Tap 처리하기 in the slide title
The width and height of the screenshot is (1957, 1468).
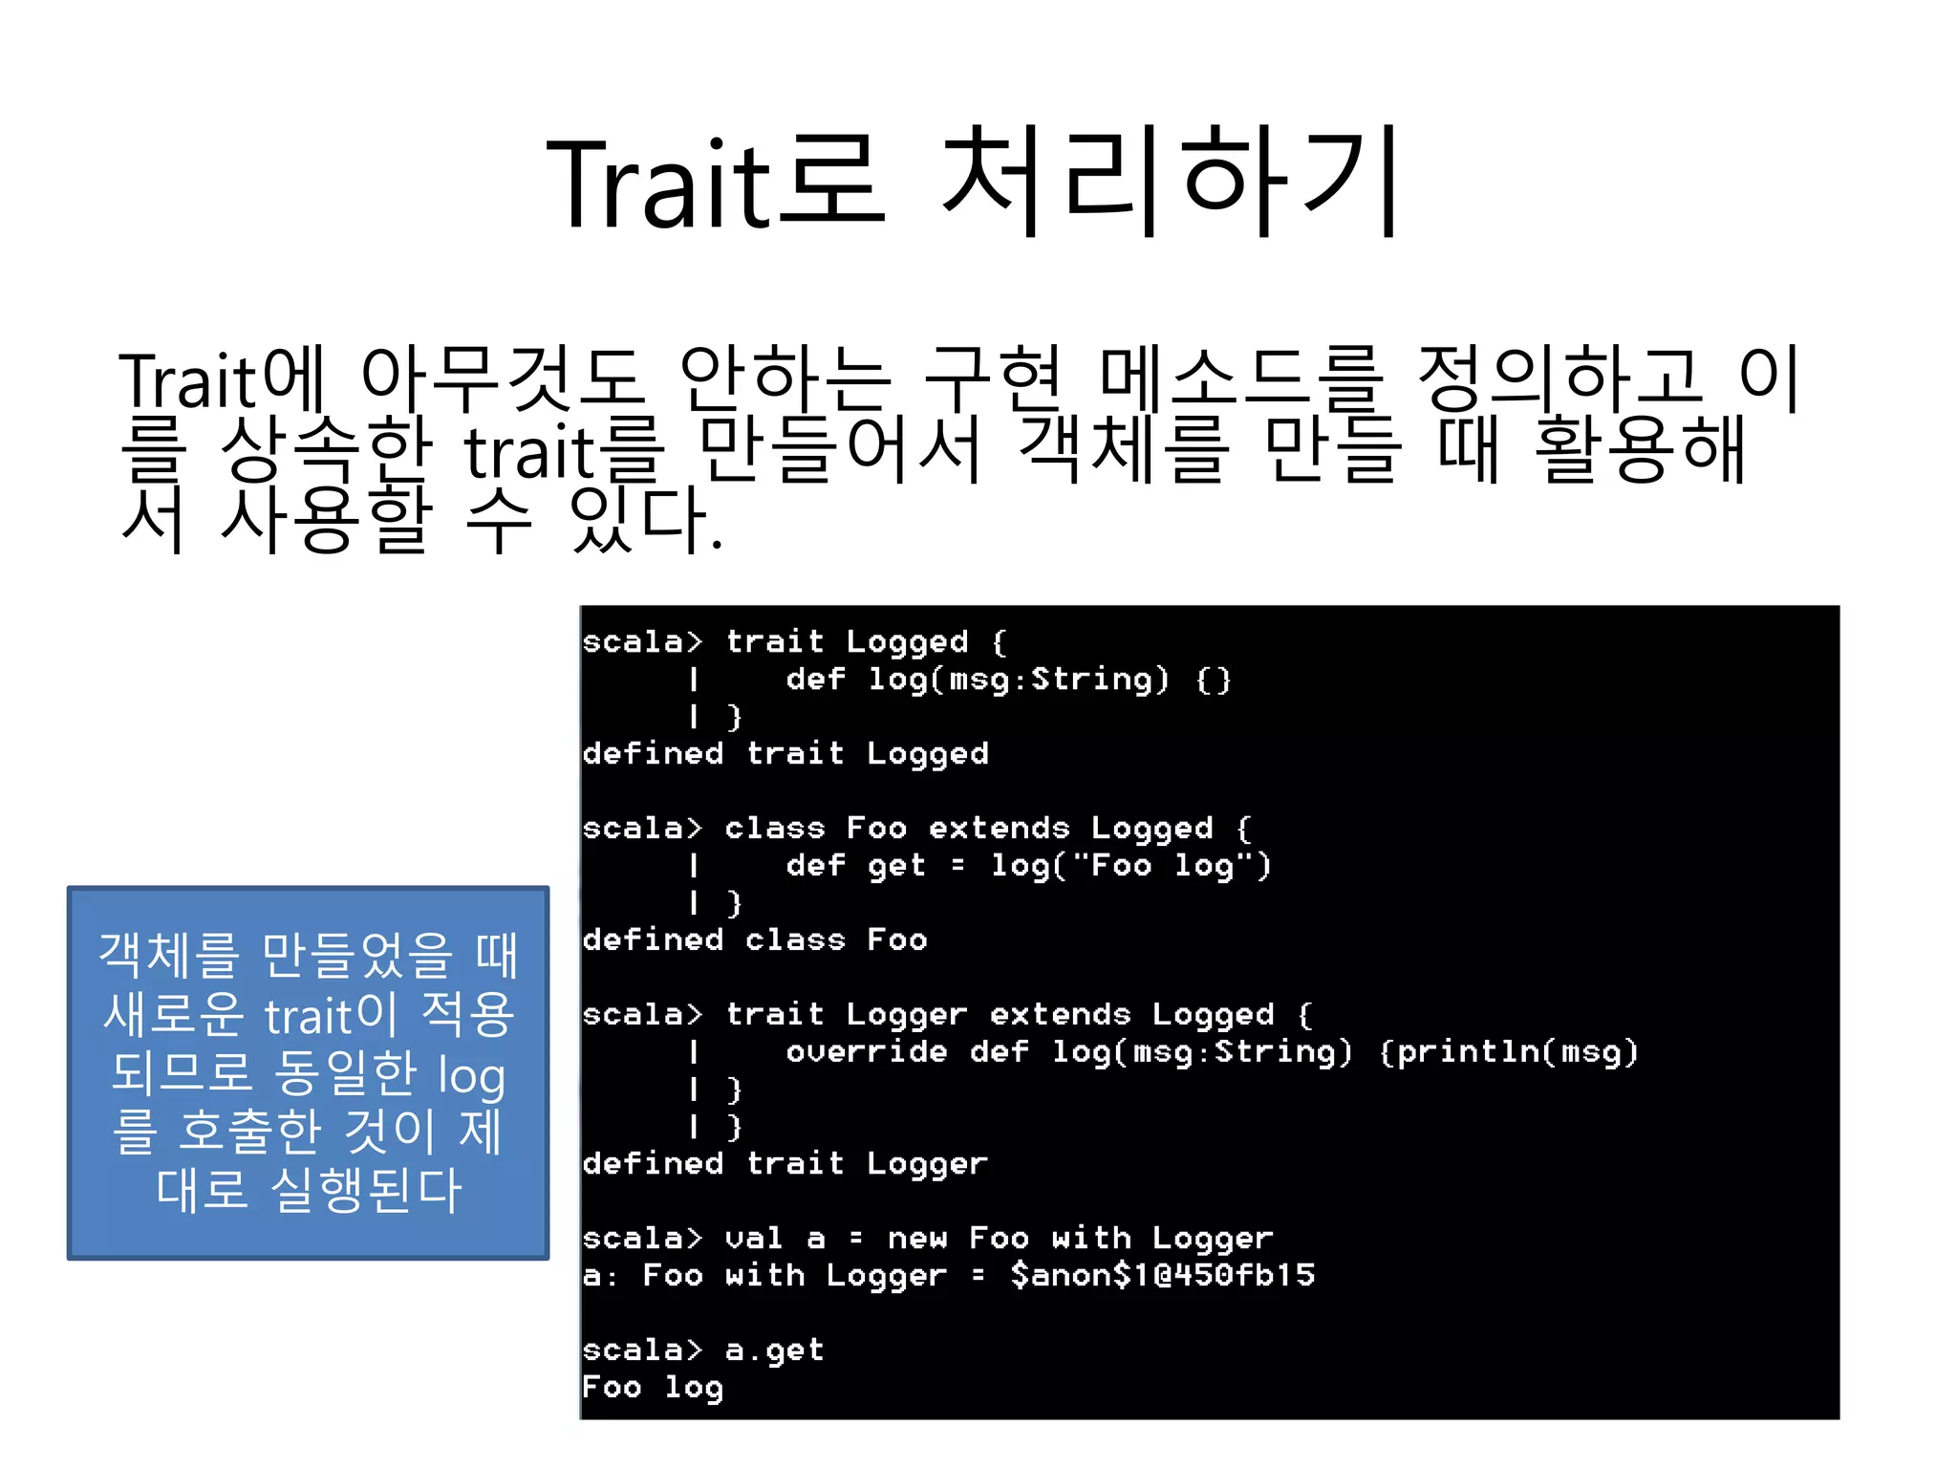(1172, 182)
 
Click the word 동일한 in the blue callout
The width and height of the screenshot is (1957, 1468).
(346, 1073)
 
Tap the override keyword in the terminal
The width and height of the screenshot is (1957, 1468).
(866, 1052)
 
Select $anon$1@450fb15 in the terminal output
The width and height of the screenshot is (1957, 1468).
(1162, 1275)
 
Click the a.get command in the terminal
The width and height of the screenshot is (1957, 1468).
(774, 1349)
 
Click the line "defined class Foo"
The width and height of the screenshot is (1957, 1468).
(755, 940)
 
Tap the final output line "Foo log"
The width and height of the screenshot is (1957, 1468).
(653, 1387)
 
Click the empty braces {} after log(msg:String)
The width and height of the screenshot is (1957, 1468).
(1214, 680)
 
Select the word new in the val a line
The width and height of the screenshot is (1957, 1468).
(916, 1239)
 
